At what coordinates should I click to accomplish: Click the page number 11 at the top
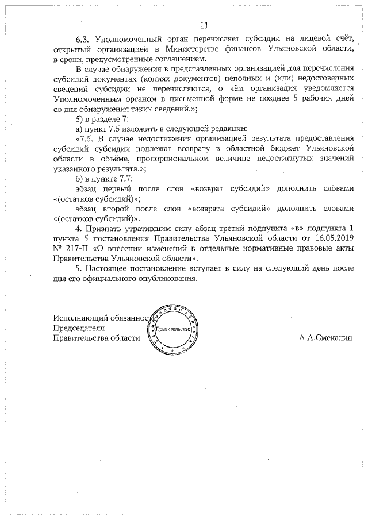[x=204, y=25]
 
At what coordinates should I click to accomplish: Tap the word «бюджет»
[x=273, y=148]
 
